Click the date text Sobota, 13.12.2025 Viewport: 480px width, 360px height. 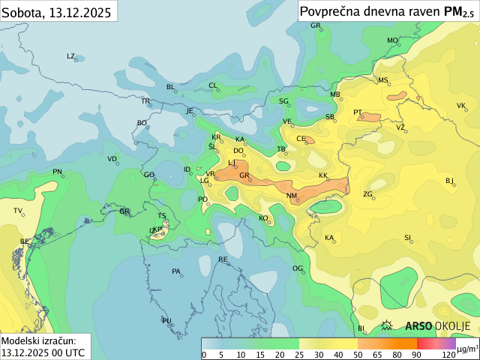click(x=57, y=12)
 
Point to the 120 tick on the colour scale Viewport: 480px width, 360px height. click(x=448, y=354)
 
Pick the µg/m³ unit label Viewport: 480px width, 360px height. click(x=467, y=349)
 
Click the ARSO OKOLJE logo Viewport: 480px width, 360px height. click(x=427, y=326)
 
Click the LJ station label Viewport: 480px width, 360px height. click(x=232, y=163)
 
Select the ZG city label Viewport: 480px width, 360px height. click(x=367, y=194)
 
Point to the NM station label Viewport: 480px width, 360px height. click(x=292, y=196)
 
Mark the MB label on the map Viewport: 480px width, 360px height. click(x=335, y=94)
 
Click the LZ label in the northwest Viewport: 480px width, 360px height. click(x=71, y=56)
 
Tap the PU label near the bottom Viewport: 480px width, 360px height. click(x=166, y=321)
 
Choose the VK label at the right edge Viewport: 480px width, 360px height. click(x=461, y=106)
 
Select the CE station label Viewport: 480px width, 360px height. click(x=301, y=139)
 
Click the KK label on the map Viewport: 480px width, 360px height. click(x=323, y=175)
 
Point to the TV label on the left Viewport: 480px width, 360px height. click(x=18, y=211)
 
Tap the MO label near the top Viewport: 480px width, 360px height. click(x=392, y=40)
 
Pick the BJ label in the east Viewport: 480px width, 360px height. click(x=449, y=180)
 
